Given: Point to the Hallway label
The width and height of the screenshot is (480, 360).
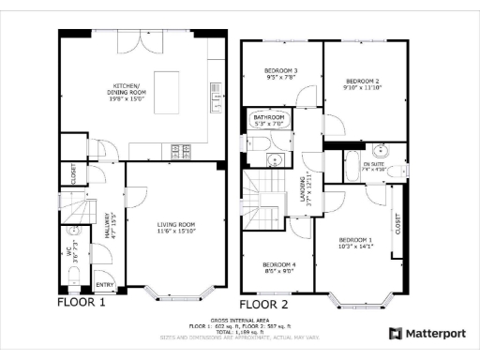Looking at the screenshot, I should click(x=110, y=230).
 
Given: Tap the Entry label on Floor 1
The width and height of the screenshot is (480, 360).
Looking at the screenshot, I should click(x=104, y=284).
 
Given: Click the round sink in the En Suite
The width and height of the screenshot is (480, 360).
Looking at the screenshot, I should click(x=381, y=151).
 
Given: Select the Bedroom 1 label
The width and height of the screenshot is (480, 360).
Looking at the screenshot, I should click(x=356, y=243).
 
